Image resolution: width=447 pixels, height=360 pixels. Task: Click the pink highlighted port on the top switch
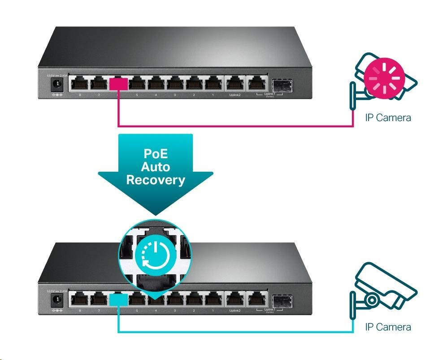118,83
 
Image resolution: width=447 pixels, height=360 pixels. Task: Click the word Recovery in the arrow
156,180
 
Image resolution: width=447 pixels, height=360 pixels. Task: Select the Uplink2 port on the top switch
234,83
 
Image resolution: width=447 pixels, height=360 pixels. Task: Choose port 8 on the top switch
79,83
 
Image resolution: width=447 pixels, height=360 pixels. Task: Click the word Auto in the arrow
156,167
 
